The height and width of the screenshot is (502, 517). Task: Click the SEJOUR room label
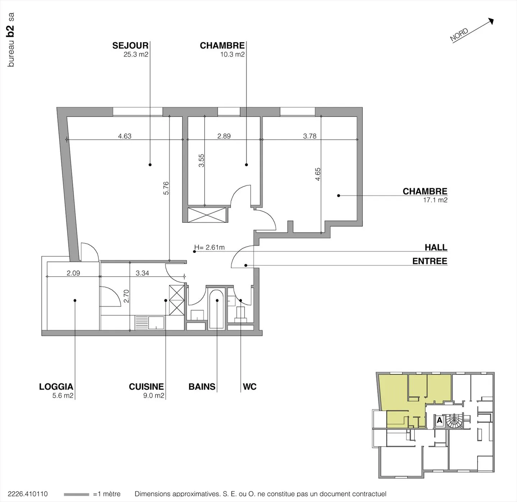130,46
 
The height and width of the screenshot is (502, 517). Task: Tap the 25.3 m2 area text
136,55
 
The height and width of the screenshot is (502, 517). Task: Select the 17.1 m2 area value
435,200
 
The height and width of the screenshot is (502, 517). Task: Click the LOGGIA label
56,387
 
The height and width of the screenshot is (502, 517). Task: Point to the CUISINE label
146,387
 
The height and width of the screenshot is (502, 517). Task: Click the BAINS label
202,387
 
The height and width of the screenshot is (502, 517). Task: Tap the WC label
250,387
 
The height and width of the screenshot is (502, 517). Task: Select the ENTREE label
429,261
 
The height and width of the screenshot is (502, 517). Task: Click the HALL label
436,247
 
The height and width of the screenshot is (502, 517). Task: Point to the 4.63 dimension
125,136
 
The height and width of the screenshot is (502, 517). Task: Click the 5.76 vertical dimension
166,188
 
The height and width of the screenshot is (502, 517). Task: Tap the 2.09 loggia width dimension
73,273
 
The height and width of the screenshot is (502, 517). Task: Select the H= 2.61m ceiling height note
209,247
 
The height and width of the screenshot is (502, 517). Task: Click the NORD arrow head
491,21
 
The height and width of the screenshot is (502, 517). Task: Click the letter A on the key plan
439,420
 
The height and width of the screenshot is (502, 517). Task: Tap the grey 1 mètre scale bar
76,494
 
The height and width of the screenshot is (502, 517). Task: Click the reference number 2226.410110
28,494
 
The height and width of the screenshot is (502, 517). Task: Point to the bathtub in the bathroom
216,309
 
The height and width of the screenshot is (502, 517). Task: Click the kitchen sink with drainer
149,322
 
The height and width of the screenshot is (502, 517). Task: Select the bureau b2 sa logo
11,39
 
